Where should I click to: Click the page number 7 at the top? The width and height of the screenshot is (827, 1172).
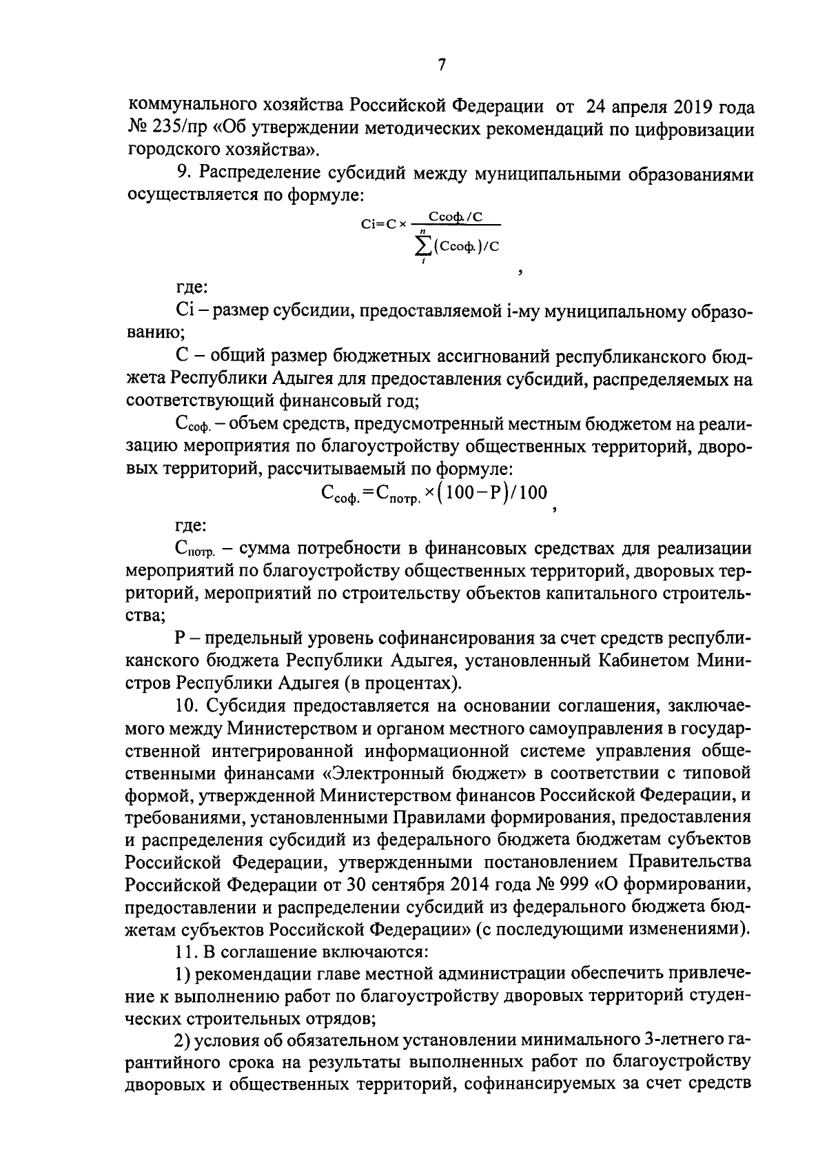pyautogui.click(x=442, y=65)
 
